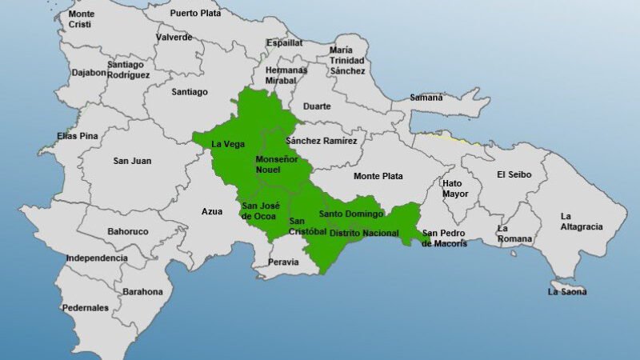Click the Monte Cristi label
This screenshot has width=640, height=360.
click(x=82, y=19)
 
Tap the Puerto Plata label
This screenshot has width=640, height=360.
click(x=196, y=13)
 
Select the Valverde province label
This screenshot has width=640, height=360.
click(x=174, y=37)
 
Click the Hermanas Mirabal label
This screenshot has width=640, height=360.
click(x=286, y=75)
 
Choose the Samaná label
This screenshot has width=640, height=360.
click(x=426, y=98)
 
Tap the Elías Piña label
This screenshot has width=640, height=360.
click(x=78, y=136)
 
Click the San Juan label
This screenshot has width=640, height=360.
click(x=132, y=161)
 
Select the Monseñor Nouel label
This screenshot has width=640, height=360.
click(x=276, y=165)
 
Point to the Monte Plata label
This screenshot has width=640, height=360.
click(x=378, y=176)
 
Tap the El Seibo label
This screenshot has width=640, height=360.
click(x=514, y=174)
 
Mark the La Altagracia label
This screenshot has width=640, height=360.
click(x=582, y=222)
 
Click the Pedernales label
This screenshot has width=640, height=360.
click(x=86, y=307)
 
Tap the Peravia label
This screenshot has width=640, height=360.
click(x=284, y=262)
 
